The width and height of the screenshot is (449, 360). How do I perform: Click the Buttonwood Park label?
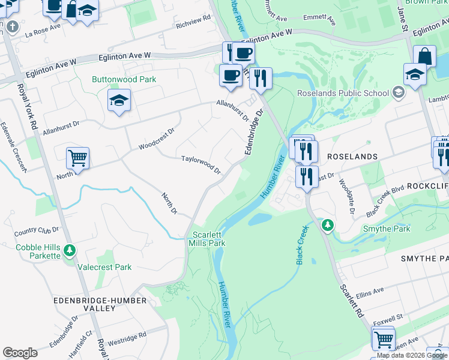[124, 79]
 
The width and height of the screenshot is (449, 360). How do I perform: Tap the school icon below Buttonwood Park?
[119, 101]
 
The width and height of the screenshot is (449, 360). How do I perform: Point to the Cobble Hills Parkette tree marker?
[70, 250]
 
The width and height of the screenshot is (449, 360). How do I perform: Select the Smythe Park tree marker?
[327, 226]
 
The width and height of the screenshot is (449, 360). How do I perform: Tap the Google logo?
[20, 352]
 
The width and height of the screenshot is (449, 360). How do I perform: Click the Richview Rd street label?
[194, 21]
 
